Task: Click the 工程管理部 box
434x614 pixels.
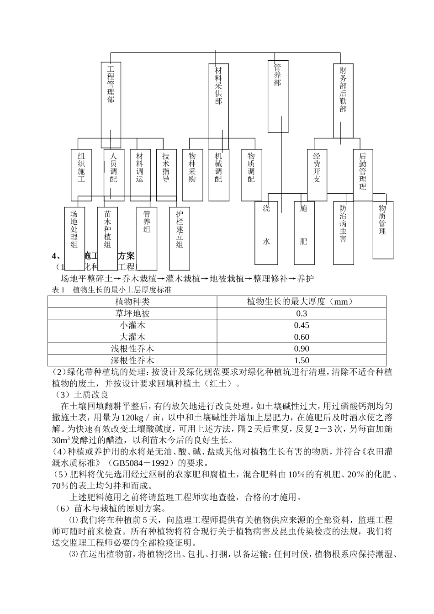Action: tap(111, 98)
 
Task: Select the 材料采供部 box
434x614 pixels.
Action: tap(218, 98)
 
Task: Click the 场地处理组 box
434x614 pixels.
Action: tap(74, 238)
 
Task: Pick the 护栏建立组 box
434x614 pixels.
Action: tap(180, 238)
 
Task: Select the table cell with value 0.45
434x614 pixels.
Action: tap(302, 325)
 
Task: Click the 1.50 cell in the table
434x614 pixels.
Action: tap(302, 360)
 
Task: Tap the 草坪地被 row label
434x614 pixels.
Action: tap(132, 313)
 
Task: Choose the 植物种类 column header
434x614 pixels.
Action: tap(132, 302)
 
